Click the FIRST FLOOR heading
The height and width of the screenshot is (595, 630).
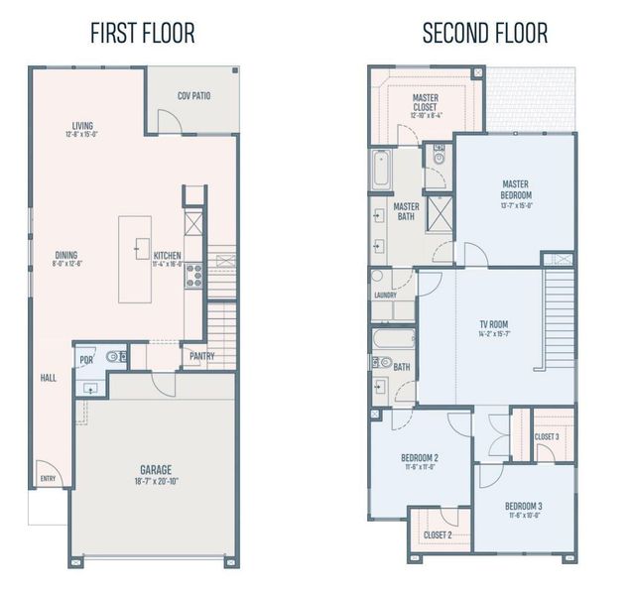[x=142, y=33]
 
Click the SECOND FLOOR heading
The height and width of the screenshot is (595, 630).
[x=484, y=33]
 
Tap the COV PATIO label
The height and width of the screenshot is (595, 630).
[x=194, y=96]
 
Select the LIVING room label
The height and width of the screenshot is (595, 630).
[x=82, y=126]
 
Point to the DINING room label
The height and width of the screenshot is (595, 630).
[x=65, y=255]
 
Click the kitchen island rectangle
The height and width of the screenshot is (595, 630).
[x=135, y=259]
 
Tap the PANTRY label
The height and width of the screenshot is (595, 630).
[x=201, y=356]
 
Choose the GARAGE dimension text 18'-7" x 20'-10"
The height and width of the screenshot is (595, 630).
[x=155, y=482]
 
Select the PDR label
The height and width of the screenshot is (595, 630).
[x=86, y=360]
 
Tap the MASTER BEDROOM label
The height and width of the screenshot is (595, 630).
[x=516, y=188]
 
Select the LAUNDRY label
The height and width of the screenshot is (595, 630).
[x=386, y=295]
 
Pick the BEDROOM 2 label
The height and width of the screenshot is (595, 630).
[x=420, y=457]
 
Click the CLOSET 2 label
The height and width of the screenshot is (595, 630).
[x=438, y=535]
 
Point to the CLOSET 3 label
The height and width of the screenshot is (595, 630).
[x=547, y=436]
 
